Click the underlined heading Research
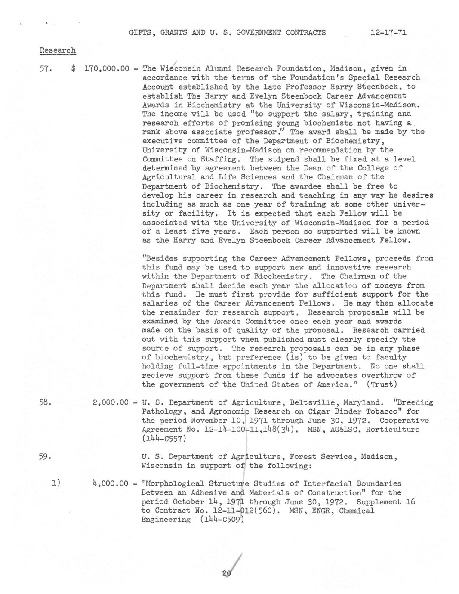pyautogui.click(x=58, y=50)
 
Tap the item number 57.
pyautogui.click(x=45, y=68)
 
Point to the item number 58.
pyautogui.click(x=45, y=403)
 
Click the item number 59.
pyautogui.click(x=45, y=457)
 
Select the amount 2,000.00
pyautogui.click(x=110, y=403)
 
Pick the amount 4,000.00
pyautogui.click(x=110, y=483)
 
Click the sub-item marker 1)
pyautogui.click(x=55, y=483)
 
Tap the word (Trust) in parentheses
pyautogui.click(x=381, y=384)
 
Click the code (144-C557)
pyautogui.click(x=163, y=439)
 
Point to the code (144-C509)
pyautogui.click(x=222, y=520)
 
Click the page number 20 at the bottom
pyautogui.click(x=227, y=573)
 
